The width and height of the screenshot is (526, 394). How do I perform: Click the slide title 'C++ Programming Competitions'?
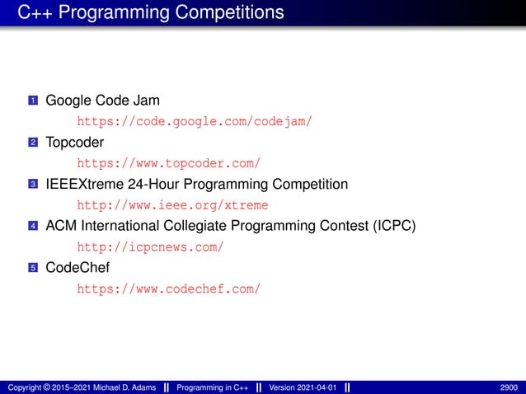tap(151, 12)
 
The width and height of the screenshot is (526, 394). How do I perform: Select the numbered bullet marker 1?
tap(33, 101)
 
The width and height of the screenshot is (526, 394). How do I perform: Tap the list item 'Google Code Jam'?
tap(102, 101)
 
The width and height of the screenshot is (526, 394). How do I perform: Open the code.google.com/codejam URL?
tap(195, 122)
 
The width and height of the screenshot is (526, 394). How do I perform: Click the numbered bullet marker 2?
tap(33, 143)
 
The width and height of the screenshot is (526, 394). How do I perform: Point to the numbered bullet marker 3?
tap(33, 184)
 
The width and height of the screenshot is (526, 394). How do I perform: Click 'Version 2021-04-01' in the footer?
tap(303, 387)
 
